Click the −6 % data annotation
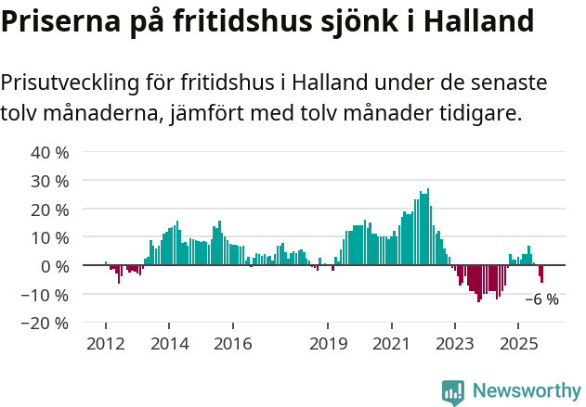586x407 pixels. click(x=541, y=299)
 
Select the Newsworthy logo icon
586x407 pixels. click(x=453, y=392)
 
